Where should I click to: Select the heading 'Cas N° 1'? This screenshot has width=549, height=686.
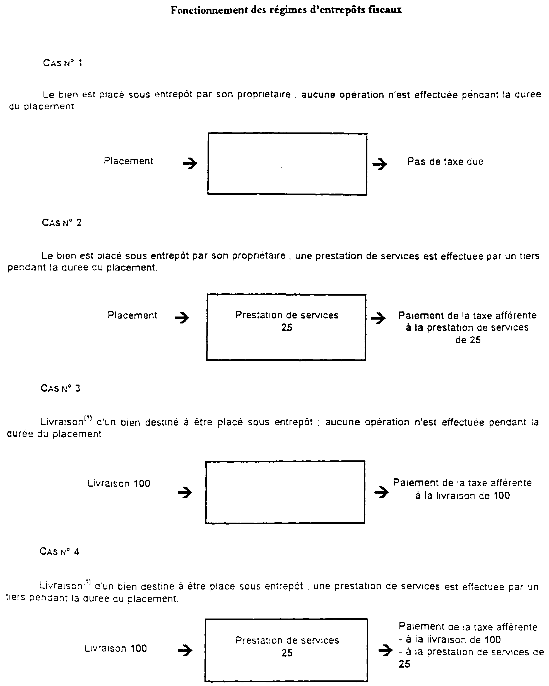click(x=62, y=63)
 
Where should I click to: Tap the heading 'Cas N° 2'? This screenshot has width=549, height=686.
click(x=61, y=223)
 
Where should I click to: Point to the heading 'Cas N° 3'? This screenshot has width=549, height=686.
click(x=61, y=388)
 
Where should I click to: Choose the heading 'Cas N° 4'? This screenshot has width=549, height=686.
click(x=59, y=551)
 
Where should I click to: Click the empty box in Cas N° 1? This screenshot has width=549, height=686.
click(x=287, y=164)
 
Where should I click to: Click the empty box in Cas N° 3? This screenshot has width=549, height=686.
click(x=285, y=492)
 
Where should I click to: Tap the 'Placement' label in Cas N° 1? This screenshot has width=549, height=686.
click(x=128, y=161)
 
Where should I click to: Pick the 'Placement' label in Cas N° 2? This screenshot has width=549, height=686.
click(x=132, y=315)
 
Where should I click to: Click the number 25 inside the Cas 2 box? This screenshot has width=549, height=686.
click(x=286, y=328)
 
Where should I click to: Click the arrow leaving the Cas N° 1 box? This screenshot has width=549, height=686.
click(x=379, y=164)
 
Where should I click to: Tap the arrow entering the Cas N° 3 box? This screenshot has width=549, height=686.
click(x=185, y=493)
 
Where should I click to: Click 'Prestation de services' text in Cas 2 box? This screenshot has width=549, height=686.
click(x=286, y=315)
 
